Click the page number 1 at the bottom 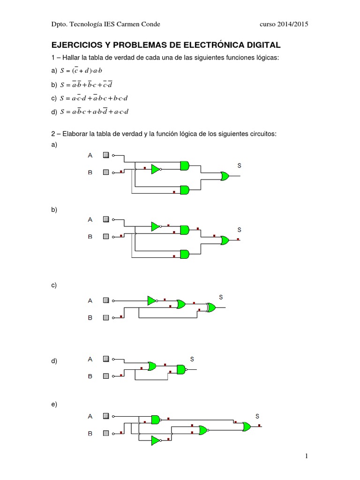pos(306,456)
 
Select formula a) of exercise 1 pos(84,70)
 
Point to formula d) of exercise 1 pos(94,112)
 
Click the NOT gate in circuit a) pos(156,169)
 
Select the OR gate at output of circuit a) pos(225,177)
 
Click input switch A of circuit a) pos(106,155)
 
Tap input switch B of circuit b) pos(106,237)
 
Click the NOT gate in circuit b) pos(156,227)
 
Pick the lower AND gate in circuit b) pos(185,254)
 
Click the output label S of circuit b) pos(239,230)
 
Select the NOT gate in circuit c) pos(152,300)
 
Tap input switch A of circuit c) pos(106,300)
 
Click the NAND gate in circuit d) pos(181,369)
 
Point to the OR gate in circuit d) pos(152,366)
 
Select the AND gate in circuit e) pos(156,419)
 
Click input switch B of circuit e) pos(106,434)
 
